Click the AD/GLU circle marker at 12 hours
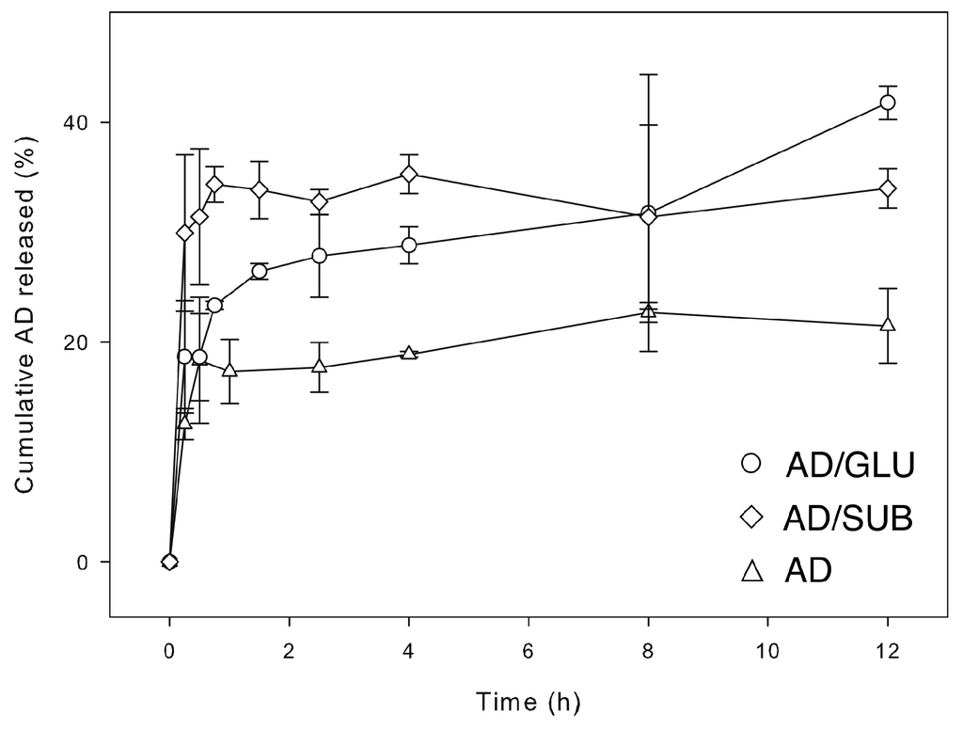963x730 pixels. pyautogui.click(x=887, y=102)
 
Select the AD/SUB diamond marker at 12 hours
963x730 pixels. pyautogui.click(x=887, y=188)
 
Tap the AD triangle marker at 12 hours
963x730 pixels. pyautogui.click(x=887, y=325)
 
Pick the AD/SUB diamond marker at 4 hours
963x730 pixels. pyautogui.click(x=409, y=174)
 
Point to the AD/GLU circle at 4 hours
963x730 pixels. pyautogui.click(x=409, y=245)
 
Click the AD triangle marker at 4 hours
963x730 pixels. pyautogui.click(x=409, y=353)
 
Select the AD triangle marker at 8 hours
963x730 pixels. pyautogui.click(x=648, y=311)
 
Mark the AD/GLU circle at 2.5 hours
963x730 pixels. pyautogui.click(x=319, y=256)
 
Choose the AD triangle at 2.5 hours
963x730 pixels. pyautogui.click(x=319, y=366)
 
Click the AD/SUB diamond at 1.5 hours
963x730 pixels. pyautogui.click(x=260, y=190)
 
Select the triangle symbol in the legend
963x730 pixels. pyautogui.click(x=750, y=571)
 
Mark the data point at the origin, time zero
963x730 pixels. pyautogui.click(x=169, y=562)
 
